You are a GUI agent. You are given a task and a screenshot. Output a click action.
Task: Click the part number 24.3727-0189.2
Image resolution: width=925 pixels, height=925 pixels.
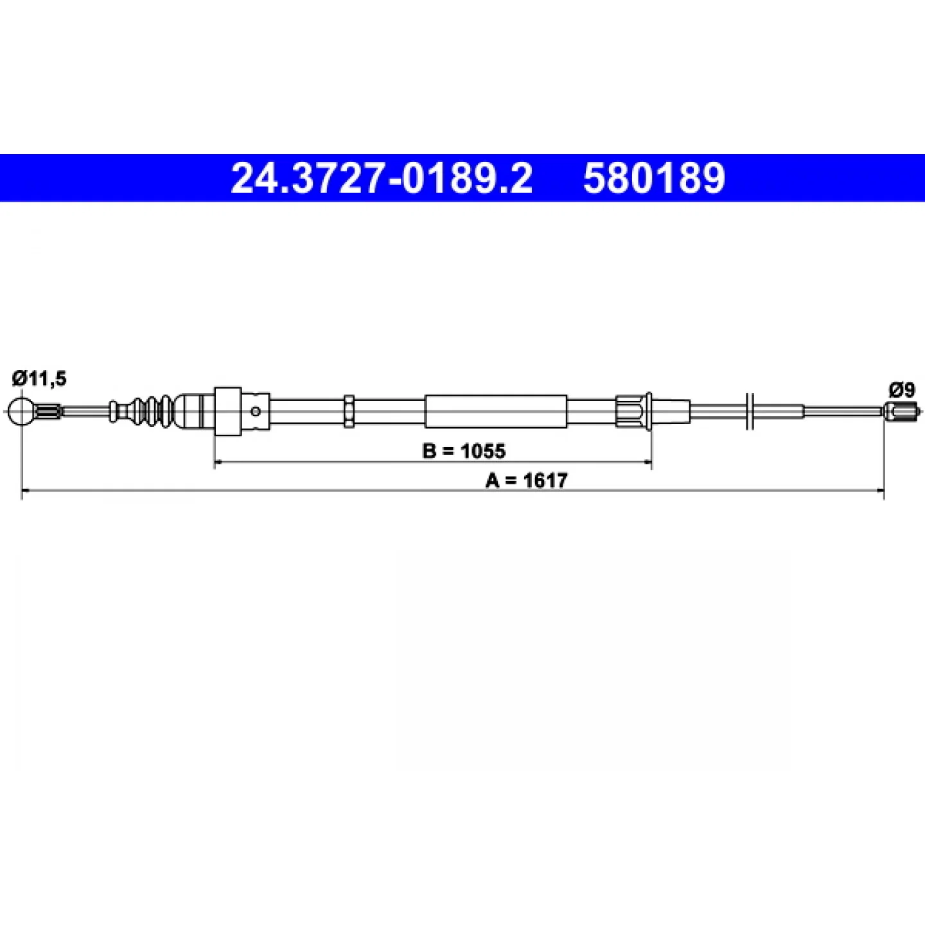coord(382,178)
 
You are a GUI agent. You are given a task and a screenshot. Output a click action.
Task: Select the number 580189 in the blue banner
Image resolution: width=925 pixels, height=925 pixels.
coord(654,178)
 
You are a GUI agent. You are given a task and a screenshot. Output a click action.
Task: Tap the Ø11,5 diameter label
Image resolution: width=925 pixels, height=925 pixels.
coord(39,379)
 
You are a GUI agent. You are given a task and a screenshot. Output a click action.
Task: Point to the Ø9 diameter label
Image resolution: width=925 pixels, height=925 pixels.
coord(902,391)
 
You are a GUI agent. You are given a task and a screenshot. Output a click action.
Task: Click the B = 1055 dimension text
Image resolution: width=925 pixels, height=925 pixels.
coord(464,451)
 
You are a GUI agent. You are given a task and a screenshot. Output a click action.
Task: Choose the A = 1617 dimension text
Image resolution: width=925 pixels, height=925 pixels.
coord(526,480)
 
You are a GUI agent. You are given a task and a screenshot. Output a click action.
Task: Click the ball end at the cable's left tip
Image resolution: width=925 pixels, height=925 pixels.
coord(22,411)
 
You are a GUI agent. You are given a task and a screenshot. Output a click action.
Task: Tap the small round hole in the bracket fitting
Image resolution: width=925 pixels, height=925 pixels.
coord(256,411)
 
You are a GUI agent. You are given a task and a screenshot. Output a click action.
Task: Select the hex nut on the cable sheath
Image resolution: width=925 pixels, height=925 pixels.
coord(349,411)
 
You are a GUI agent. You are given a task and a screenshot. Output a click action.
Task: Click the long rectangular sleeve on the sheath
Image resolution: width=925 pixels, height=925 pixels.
coord(496,411)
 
